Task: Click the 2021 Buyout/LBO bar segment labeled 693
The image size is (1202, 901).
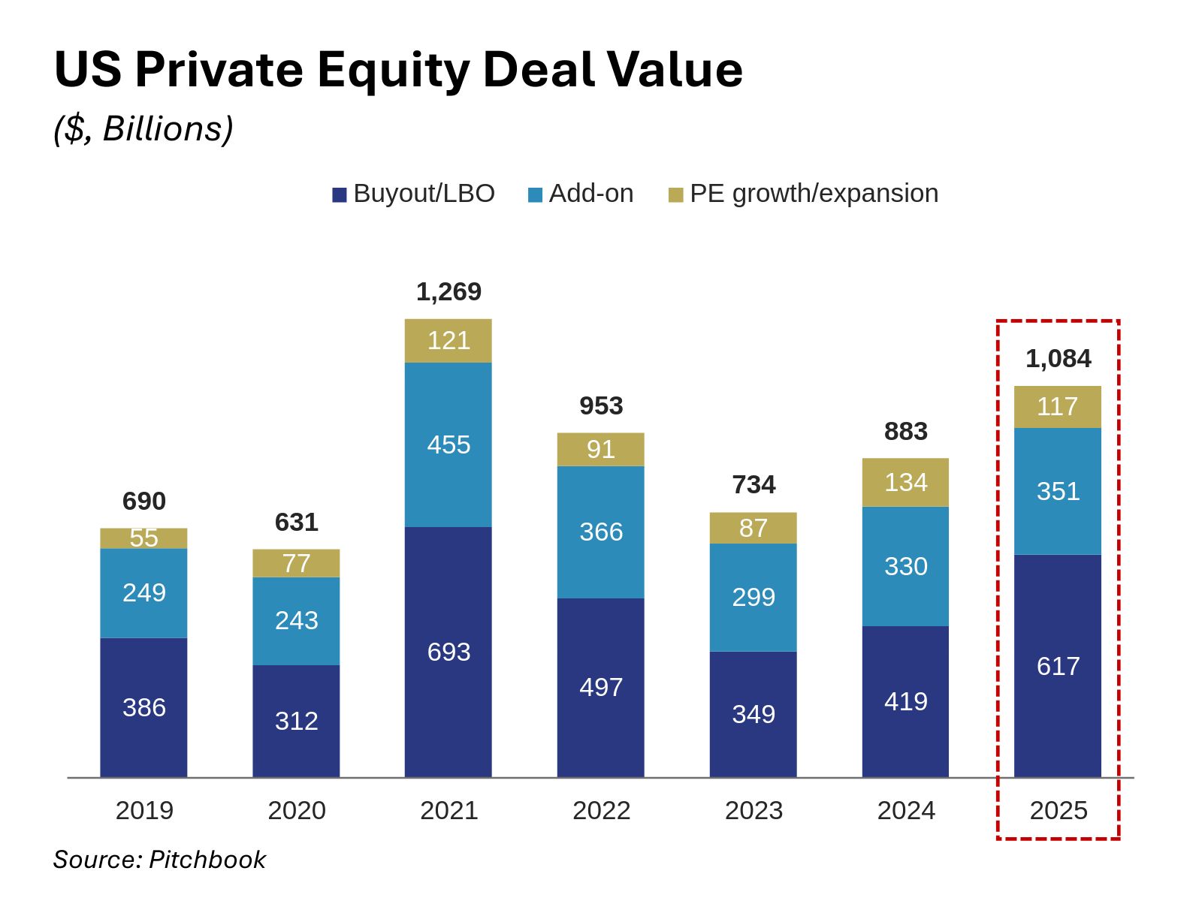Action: click(448, 652)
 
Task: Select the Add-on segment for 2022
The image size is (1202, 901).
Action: click(601, 532)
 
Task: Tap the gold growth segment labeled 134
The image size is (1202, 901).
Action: click(905, 482)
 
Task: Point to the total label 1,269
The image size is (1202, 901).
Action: click(448, 291)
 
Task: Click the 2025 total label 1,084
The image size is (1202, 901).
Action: click(1058, 358)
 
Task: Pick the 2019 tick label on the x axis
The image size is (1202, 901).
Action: click(144, 810)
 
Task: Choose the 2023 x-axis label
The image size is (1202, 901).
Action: click(754, 810)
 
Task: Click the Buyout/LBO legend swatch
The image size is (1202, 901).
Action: click(340, 195)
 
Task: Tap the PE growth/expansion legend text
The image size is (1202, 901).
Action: click(814, 194)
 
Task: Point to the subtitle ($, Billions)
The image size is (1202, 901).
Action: click(143, 129)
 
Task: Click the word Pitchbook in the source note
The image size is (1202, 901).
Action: click(207, 859)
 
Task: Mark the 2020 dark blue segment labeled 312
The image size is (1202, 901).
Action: click(296, 721)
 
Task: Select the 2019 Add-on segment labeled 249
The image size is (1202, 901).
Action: click(143, 592)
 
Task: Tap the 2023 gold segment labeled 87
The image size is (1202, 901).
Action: click(754, 528)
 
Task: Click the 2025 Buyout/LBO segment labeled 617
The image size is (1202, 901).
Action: click(1058, 666)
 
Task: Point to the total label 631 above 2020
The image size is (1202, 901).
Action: click(296, 522)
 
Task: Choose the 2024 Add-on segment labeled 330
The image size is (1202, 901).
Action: click(905, 566)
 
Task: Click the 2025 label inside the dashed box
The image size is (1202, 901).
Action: click(1058, 810)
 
